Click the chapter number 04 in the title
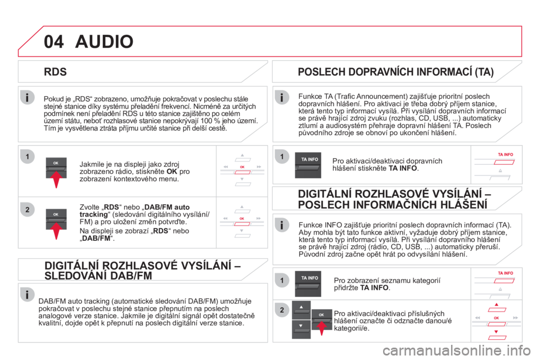(54, 41)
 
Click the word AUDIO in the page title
(105, 41)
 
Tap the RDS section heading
(55, 71)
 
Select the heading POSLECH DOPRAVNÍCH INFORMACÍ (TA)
(395, 71)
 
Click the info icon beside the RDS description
(27, 97)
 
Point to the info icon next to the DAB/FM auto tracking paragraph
(27, 295)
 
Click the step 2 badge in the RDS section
(28, 209)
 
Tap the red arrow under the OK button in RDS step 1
(56, 179)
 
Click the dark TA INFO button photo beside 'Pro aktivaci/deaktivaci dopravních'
(308, 165)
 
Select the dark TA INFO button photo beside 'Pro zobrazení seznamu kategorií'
(308, 284)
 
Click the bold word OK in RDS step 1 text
(172, 172)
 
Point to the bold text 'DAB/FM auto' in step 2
(167, 207)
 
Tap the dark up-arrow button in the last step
(301, 310)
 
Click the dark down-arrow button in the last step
(301, 329)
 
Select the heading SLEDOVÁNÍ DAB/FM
(98, 276)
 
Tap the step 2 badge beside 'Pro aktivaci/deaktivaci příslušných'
(282, 310)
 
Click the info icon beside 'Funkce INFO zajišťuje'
(282, 225)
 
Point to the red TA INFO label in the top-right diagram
(505, 155)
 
